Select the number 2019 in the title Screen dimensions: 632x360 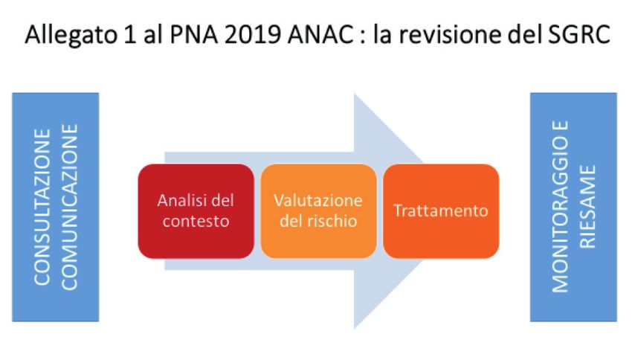coord(252,34)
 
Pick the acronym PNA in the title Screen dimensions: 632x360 coord(193,34)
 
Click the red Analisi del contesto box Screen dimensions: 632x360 coord(196,210)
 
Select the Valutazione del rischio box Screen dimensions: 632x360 coord(318,210)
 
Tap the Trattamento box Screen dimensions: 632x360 coord(441,210)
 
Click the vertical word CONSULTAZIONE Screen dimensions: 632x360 coord(42,208)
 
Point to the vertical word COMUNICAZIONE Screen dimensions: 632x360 coord(69,207)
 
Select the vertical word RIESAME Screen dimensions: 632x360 coord(587,207)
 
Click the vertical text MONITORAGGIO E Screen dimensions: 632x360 coord(560,207)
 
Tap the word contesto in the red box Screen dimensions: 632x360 coord(196,222)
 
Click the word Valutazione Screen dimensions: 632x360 coord(318,200)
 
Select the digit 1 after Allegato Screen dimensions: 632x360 coord(129,35)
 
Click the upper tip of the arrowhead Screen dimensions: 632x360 coord(354,94)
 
